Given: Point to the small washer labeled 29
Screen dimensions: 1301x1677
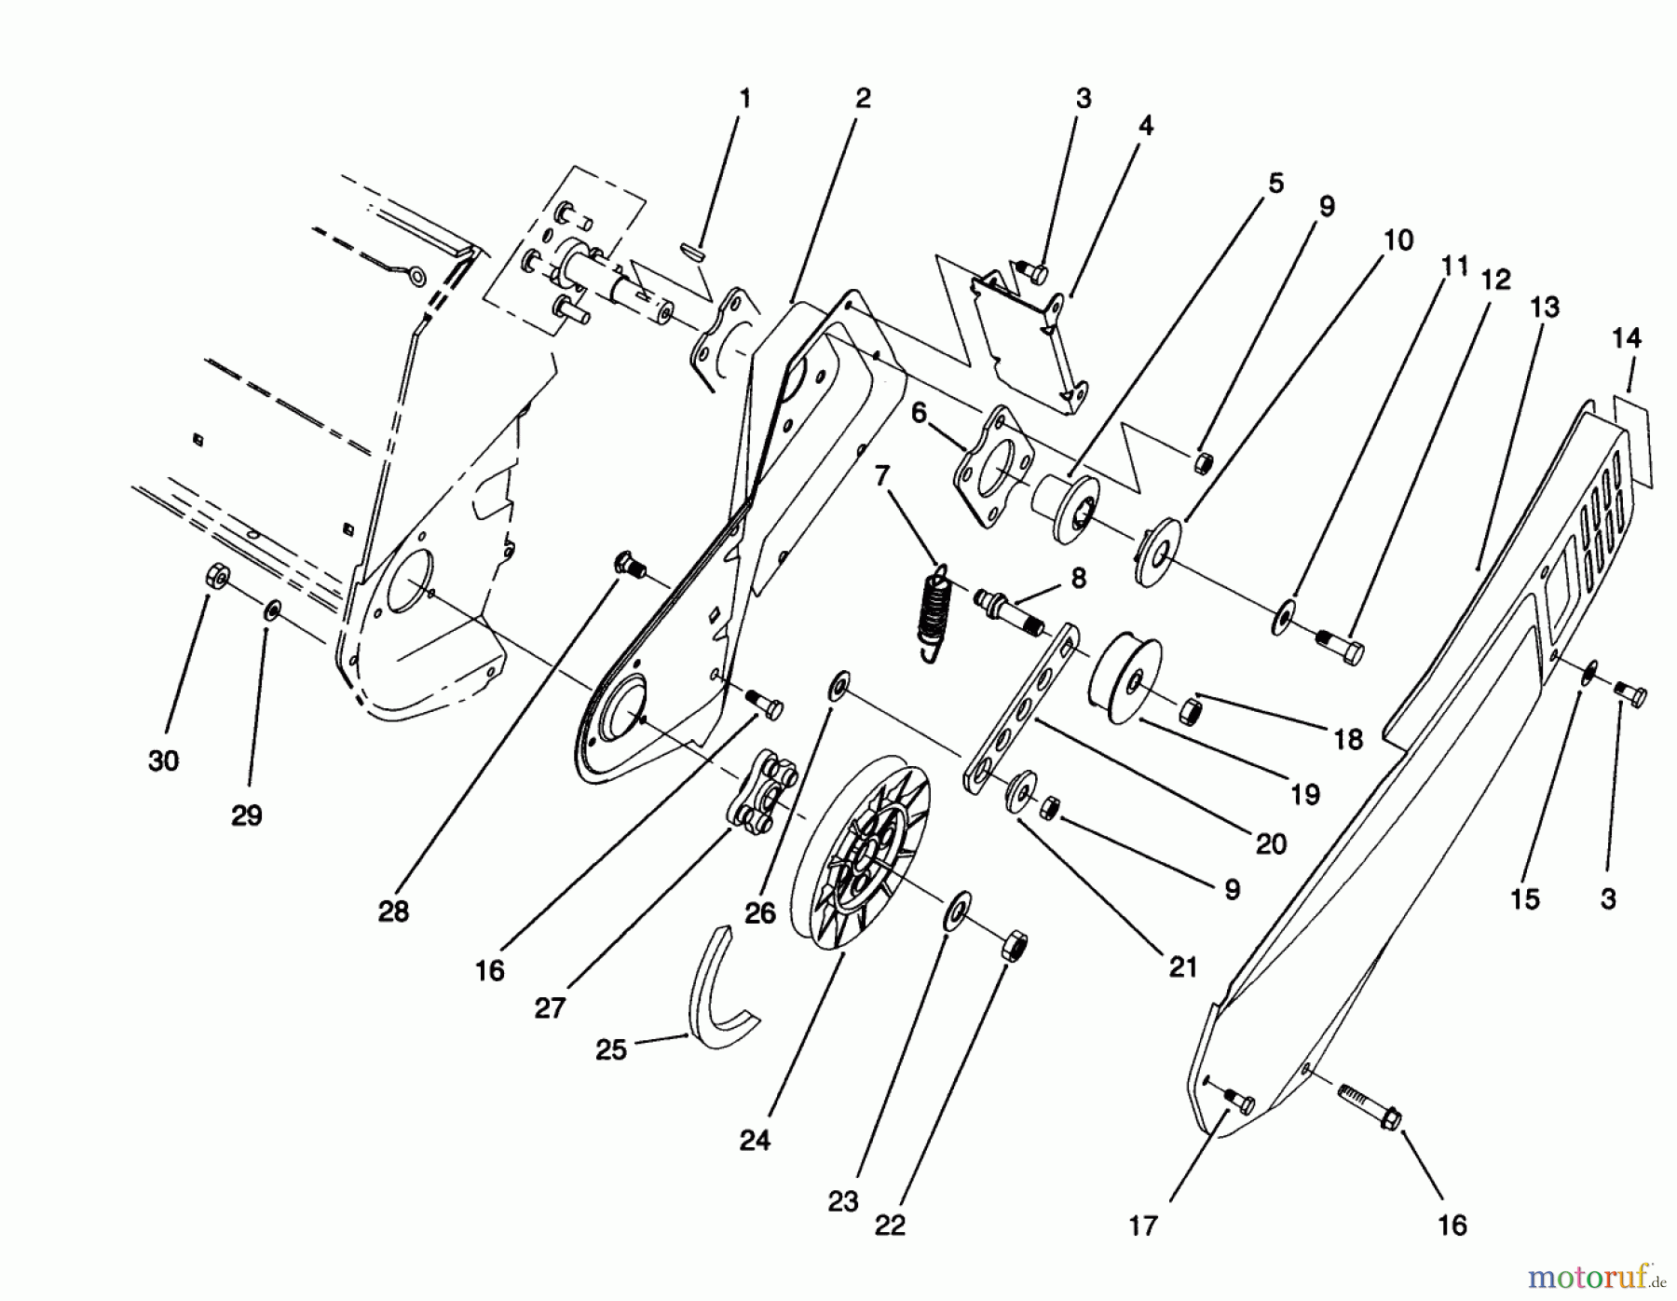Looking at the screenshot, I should point(272,610).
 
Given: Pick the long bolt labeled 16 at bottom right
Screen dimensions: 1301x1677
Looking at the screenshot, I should point(1368,1104).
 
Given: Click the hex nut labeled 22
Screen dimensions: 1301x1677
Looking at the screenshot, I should point(1016,949).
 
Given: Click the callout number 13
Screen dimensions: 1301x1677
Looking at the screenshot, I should point(1544,308).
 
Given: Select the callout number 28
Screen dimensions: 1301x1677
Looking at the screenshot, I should point(393,911).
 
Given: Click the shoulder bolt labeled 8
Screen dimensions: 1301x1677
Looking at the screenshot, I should point(1009,609).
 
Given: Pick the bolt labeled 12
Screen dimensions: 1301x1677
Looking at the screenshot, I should point(1340,644).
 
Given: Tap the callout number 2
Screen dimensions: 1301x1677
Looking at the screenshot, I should point(863,98).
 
